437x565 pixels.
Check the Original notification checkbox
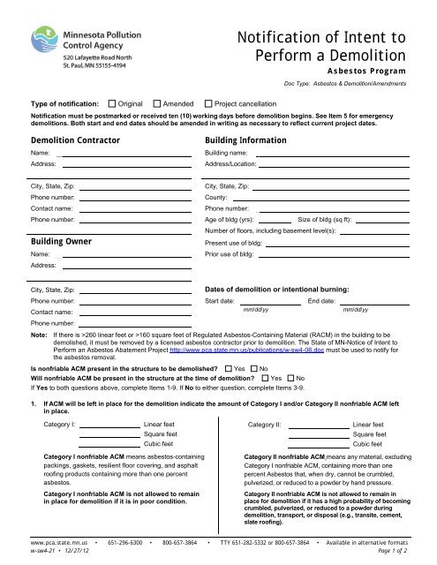point(110,103)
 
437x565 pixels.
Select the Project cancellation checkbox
point(207,103)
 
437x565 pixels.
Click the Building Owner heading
point(61,240)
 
